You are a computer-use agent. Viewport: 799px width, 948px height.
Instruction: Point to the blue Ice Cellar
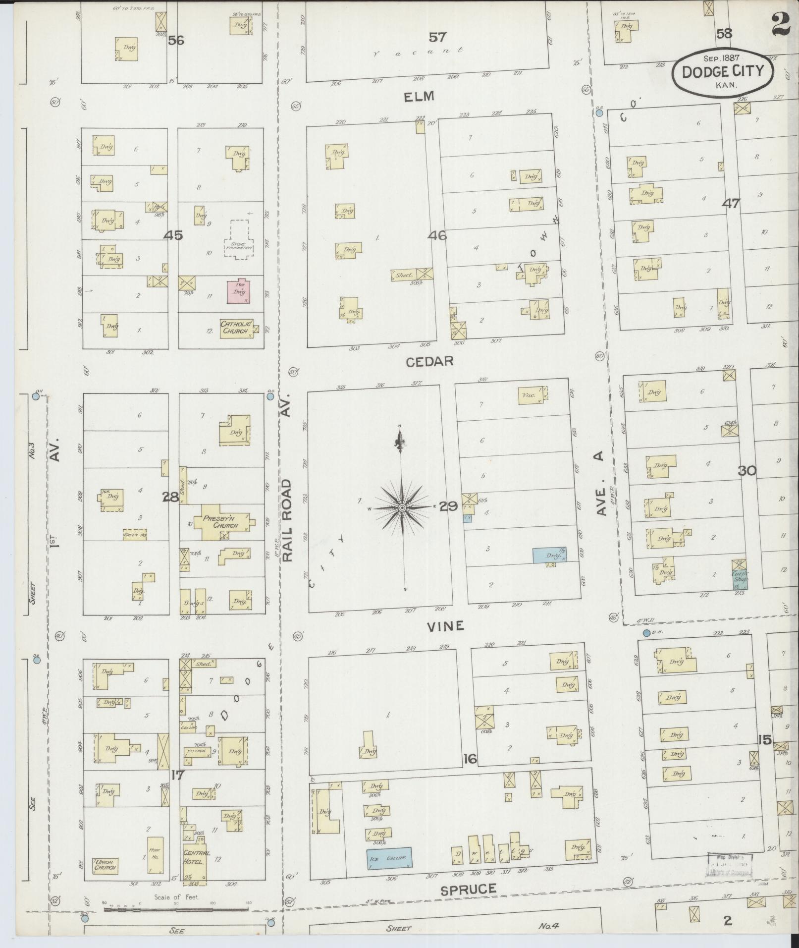click(x=390, y=858)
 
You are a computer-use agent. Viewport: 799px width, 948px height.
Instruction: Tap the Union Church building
click(x=105, y=865)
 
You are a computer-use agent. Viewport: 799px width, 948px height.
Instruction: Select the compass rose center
click(x=402, y=508)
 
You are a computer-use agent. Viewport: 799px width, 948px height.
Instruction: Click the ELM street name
click(x=419, y=96)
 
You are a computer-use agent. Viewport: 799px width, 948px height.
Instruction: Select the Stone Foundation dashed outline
click(x=239, y=238)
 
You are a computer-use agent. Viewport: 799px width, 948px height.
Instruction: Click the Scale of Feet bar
click(x=176, y=909)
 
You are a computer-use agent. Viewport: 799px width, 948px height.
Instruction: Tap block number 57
click(x=437, y=37)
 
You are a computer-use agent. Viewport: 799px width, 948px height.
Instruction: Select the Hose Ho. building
click(x=154, y=855)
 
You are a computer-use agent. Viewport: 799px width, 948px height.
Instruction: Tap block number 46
click(x=438, y=235)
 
